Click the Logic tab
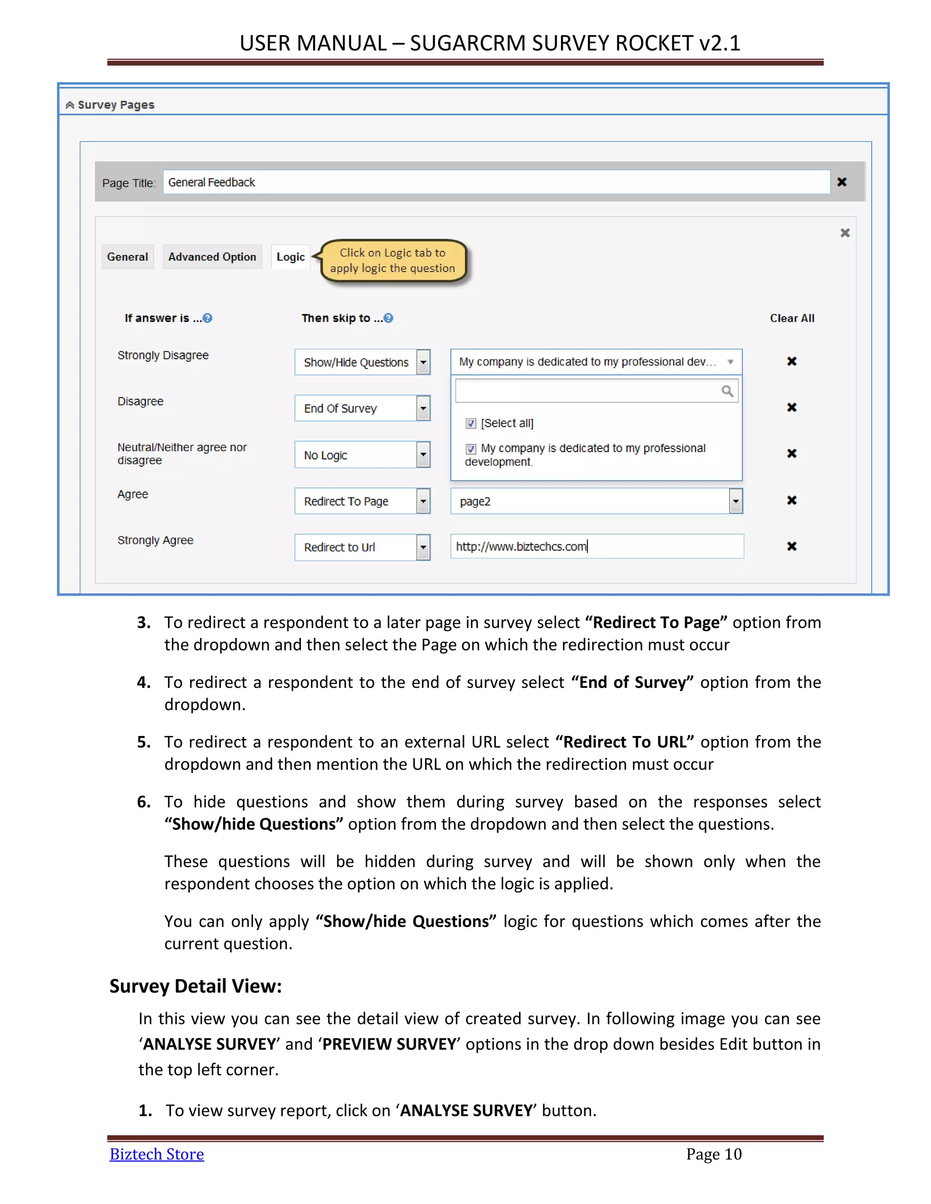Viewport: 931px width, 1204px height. [290, 257]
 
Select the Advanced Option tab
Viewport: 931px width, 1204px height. [212, 257]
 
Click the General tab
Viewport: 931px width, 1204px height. [127, 257]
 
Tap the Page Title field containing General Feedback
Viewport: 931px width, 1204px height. [496, 183]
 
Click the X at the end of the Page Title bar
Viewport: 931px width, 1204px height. [841, 182]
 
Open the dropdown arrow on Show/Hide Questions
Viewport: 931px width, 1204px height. [423, 362]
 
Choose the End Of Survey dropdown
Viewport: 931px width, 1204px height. [362, 408]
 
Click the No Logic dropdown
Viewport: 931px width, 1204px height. [362, 455]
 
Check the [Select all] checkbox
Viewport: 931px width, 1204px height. [471, 423]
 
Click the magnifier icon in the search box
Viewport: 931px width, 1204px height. [727, 391]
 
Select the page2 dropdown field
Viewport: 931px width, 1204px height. [596, 501]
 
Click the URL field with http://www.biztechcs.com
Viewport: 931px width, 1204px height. [597, 546]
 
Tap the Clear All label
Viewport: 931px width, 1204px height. [791, 318]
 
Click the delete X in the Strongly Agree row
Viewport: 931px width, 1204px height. [791, 546]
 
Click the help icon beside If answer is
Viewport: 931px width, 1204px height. [207, 318]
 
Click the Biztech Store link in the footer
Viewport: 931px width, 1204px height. [157, 1154]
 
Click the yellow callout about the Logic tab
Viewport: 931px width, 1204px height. [392, 261]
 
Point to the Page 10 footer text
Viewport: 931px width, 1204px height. [714, 1154]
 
